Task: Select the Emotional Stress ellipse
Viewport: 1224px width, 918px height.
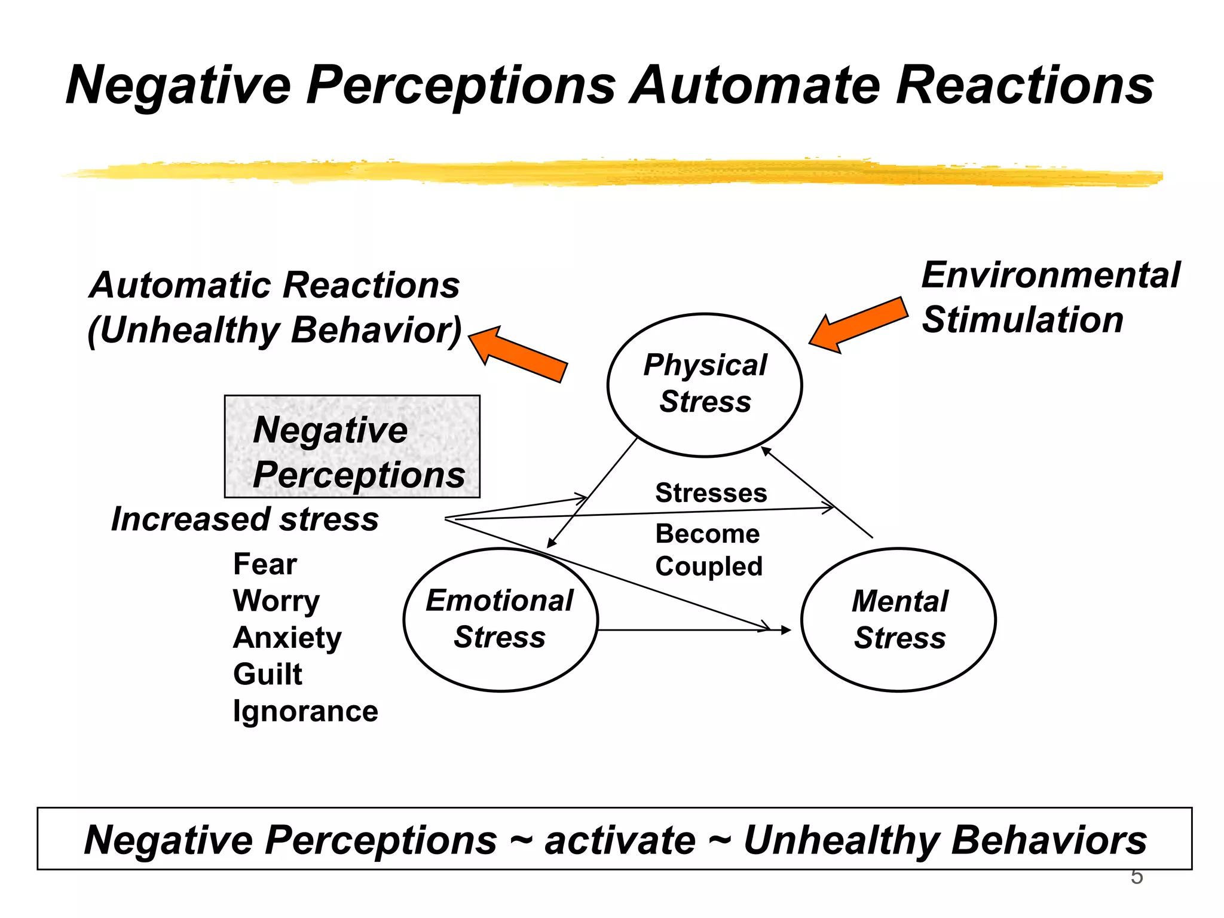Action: [500, 619]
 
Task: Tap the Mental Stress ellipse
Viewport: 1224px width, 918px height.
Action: [898, 619]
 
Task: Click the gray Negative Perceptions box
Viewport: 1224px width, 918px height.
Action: [352, 446]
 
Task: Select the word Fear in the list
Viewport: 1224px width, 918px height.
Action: [265, 564]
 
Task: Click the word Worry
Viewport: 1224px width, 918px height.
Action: [276, 601]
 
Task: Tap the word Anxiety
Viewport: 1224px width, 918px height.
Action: [287, 638]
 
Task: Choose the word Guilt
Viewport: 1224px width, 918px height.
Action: [267, 674]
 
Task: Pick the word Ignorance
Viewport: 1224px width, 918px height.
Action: [305, 711]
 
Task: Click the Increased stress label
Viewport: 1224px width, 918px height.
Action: [245, 519]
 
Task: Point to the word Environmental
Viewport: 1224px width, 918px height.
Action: [1050, 276]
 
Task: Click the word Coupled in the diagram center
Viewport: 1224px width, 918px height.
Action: [709, 566]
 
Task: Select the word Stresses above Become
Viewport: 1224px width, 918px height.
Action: [711, 493]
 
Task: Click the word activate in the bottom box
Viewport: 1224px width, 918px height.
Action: [620, 840]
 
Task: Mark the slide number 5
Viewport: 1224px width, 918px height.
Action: [1136, 877]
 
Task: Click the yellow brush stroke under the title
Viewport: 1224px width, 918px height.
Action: [612, 172]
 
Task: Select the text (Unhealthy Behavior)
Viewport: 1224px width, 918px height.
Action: [275, 330]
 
